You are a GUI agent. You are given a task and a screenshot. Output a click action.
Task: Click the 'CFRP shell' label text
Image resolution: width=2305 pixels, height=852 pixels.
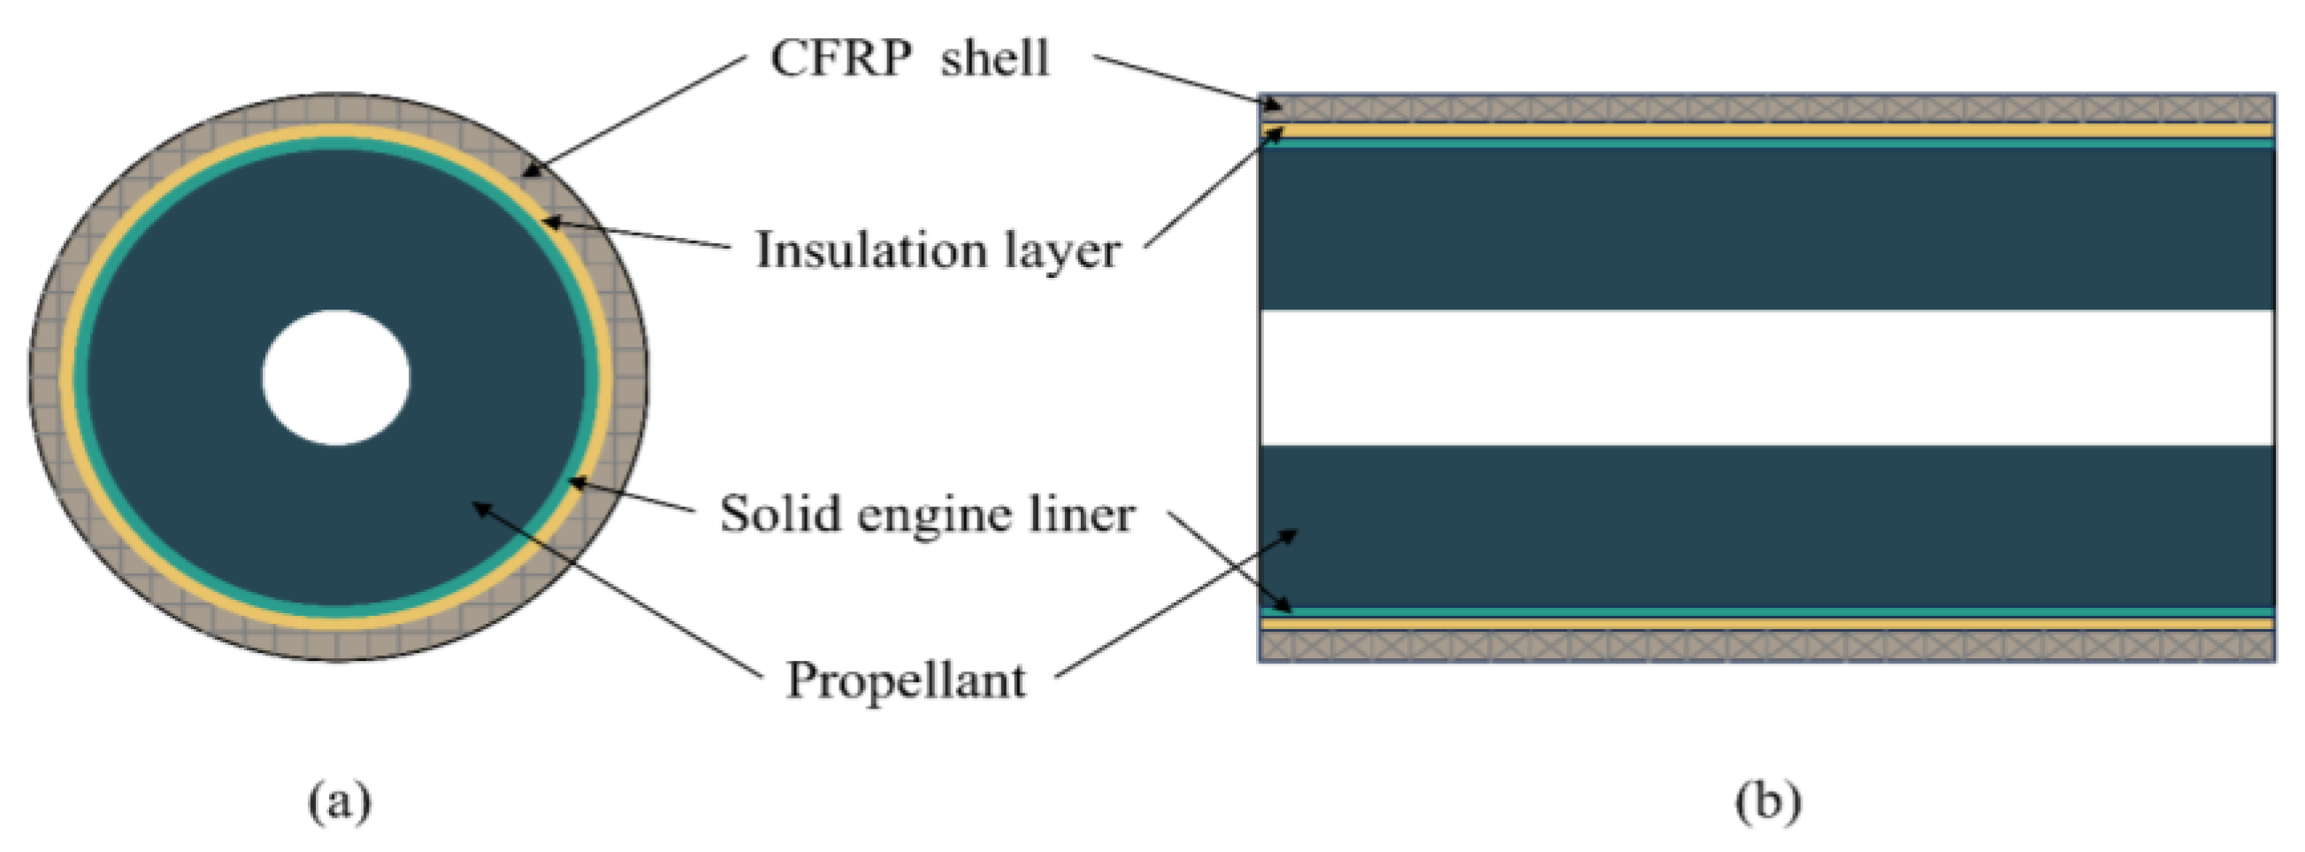(x=909, y=59)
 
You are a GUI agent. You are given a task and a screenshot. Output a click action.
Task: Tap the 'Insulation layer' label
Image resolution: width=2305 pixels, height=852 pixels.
(x=937, y=250)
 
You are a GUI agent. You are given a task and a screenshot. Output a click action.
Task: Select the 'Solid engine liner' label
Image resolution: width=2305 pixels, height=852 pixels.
(x=927, y=515)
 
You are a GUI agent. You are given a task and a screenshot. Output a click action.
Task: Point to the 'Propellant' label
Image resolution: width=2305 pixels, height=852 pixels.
(x=906, y=680)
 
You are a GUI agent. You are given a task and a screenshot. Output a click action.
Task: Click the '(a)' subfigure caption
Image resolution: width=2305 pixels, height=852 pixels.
(x=339, y=799)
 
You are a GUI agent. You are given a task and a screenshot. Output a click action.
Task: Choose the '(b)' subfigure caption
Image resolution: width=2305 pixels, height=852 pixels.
(x=1767, y=799)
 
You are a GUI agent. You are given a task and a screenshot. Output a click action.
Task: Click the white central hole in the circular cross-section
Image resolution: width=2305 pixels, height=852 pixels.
(x=336, y=377)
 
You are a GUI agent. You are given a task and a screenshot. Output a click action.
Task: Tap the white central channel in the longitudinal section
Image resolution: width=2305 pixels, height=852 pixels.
(x=1767, y=377)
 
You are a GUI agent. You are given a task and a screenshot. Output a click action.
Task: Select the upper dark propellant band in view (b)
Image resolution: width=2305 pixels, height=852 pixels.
(x=1767, y=229)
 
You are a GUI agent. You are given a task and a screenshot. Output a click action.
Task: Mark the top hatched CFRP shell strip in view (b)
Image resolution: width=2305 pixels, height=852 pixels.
(x=1767, y=108)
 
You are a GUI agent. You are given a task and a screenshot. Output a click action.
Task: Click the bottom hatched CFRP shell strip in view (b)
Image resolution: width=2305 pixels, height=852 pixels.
(x=1767, y=645)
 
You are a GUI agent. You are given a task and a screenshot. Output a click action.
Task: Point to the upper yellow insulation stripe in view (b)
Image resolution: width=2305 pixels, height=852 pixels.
(x=1767, y=131)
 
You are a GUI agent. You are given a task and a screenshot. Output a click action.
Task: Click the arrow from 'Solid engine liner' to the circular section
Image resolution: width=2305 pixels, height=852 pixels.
(x=632, y=496)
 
